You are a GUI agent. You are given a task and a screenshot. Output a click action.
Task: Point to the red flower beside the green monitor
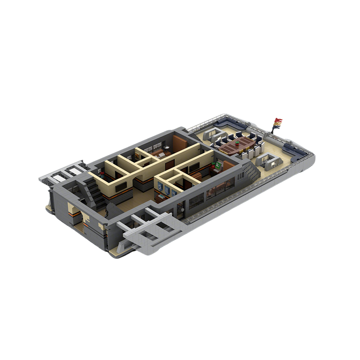(213, 166)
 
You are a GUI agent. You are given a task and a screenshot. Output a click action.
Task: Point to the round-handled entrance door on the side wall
(181, 208)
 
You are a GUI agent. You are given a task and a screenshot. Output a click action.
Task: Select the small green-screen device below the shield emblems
(162, 197)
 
